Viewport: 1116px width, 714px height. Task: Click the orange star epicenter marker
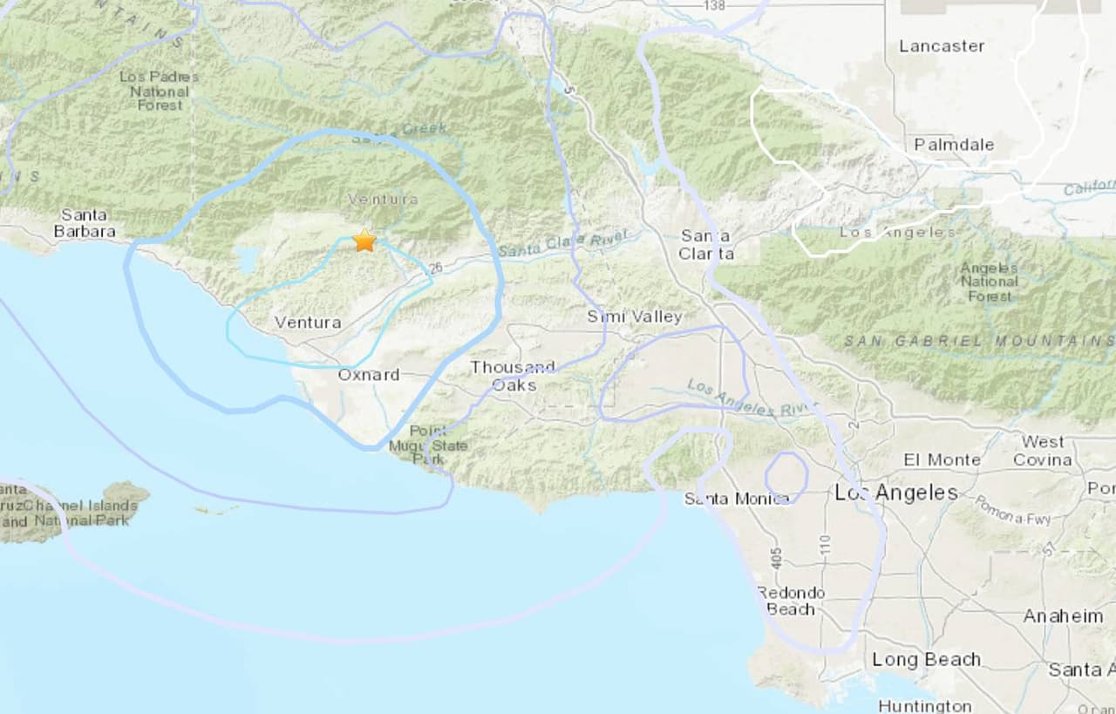click(364, 241)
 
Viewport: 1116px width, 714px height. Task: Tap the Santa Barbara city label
click(85, 223)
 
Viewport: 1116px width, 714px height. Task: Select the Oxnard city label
click(369, 375)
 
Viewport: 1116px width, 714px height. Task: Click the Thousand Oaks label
click(513, 376)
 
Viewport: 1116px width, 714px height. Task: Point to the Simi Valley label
click(634, 316)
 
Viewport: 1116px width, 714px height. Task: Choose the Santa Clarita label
click(707, 245)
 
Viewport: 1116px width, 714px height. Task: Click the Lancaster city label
click(942, 46)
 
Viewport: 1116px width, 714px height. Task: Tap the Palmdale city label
click(954, 145)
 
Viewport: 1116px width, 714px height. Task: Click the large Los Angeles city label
click(896, 493)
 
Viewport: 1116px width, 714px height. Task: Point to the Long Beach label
click(926, 660)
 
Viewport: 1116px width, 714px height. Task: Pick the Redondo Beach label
click(790, 601)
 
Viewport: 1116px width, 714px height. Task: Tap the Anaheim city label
click(1063, 616)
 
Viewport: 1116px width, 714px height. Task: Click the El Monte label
click(942, 459)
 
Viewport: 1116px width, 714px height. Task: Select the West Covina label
click(1043, 451)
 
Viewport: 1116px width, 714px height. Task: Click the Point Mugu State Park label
click(439, 445)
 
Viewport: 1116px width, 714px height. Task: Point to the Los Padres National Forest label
click(160, 91)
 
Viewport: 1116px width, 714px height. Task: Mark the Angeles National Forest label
click(989, 282)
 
